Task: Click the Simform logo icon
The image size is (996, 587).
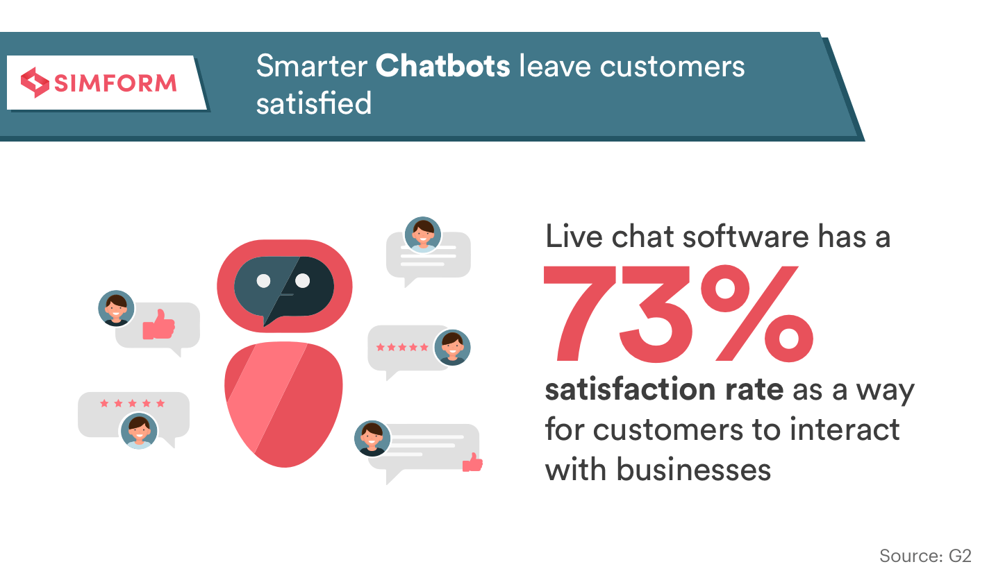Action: click(x=35, y=83)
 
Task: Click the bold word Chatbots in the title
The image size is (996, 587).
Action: click(x=442, y=66)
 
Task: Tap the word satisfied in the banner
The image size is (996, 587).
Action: click(x=313, y=103)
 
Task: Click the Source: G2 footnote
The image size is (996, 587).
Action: click(x=925, y=556)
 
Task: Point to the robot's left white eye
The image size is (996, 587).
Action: click(x=264, y=280)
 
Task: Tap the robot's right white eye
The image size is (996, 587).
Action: click(x=302, y=280)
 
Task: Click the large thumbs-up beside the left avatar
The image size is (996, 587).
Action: click(x=159, y=325)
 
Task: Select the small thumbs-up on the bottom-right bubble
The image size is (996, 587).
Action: click(x=473, y=462)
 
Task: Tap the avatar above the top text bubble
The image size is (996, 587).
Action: click(x=423, y=235)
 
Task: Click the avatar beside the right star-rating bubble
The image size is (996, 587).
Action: click(x=452, y=348)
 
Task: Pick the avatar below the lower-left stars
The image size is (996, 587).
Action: click(x=139, y=431)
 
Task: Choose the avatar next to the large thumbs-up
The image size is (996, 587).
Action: click(x=116, y=309)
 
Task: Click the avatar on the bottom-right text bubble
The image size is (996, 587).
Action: click(x=372, y=439)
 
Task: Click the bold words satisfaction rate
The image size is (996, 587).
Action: click(x=664, y=389)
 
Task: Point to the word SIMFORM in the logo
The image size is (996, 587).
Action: click(x=115, y=83)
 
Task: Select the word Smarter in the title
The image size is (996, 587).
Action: click(x=312, y=66)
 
